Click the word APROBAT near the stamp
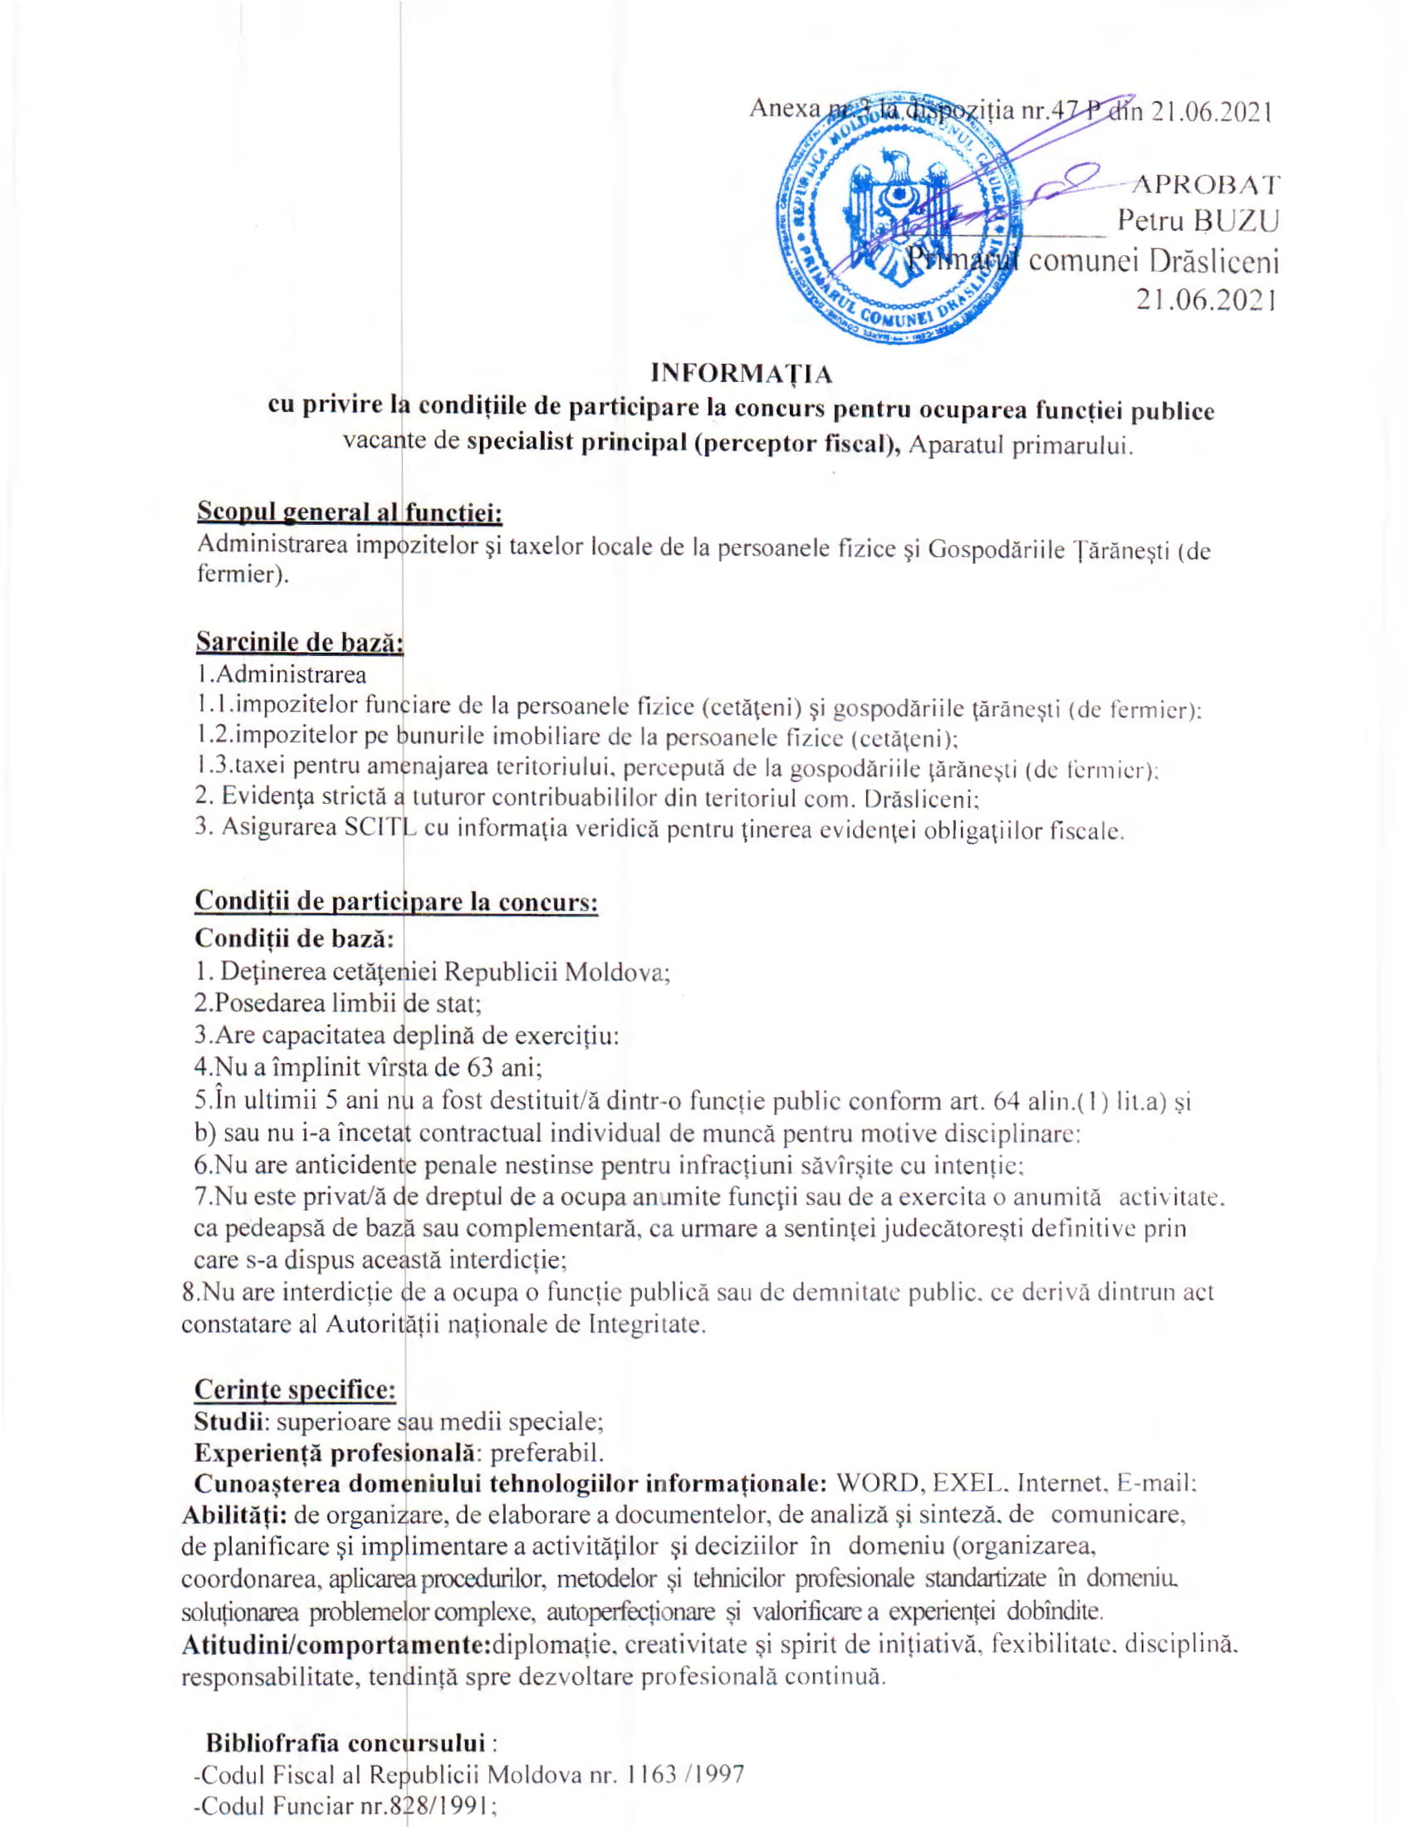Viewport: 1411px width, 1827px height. click(1203, 185)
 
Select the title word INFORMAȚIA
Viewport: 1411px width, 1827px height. click(741, 373)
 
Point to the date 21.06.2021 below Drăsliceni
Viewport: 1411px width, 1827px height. click(1206, 300)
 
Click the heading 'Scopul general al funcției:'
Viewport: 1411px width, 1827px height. click(349, 511)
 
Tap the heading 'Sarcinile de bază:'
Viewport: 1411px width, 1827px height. click(300, 642)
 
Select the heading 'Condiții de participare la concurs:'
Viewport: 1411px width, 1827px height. click(395, 902)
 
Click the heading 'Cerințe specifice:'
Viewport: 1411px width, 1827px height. click(295, 1389)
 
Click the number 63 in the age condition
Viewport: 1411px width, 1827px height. click(485, 1068)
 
